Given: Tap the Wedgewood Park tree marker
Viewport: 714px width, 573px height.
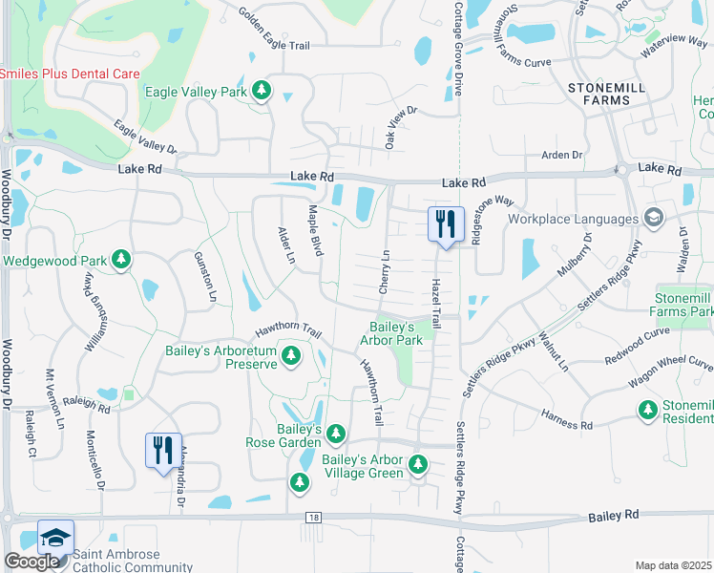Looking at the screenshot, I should [121, 260].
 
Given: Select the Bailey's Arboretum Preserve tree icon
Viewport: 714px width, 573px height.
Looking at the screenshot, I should [292, 358].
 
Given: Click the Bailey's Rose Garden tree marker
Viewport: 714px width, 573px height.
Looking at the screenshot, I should [335, 435].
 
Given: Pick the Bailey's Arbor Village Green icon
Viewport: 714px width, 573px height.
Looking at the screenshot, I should [417, 465].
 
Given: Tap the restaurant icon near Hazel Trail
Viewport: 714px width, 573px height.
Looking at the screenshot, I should [446, 225].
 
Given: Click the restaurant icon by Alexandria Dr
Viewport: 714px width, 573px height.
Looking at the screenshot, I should [162, 449].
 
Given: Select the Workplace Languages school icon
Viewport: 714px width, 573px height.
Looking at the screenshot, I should [654, 219].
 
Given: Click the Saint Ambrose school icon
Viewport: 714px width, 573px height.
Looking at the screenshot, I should [55, 538].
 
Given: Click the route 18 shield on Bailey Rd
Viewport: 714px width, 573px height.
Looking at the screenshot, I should [312, 517].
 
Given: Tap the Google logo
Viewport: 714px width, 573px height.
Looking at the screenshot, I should [32, 562].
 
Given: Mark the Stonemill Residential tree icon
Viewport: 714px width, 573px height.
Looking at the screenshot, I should [648, 410].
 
